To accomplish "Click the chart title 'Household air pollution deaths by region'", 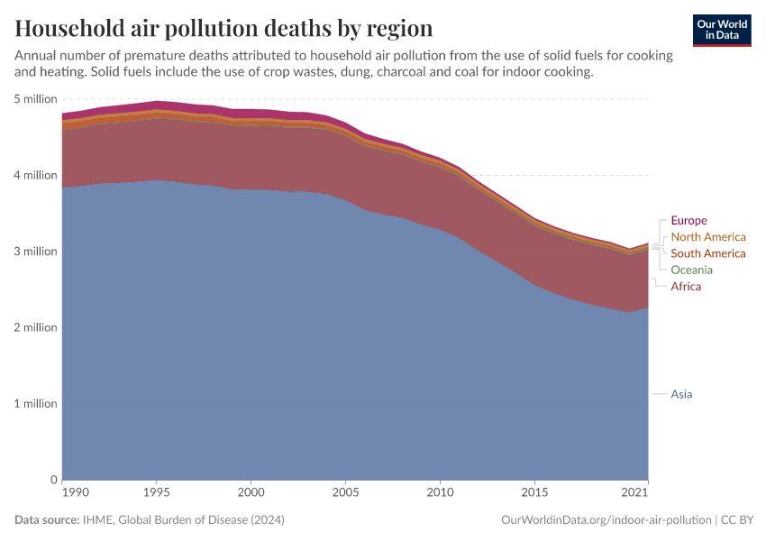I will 224,28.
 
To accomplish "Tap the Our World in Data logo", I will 722,30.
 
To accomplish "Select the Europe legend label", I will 689,221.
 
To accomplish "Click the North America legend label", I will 708,237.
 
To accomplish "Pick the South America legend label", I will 708,253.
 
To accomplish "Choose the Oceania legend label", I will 692,270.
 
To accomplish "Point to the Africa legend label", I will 686,286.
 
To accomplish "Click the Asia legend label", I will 682,394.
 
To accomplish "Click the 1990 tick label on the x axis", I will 75,492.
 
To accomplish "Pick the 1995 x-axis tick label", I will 158,492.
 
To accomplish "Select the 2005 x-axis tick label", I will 346,492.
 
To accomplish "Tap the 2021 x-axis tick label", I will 636,492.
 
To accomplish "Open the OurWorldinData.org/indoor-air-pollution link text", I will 606,520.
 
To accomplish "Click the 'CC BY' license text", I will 736,520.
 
